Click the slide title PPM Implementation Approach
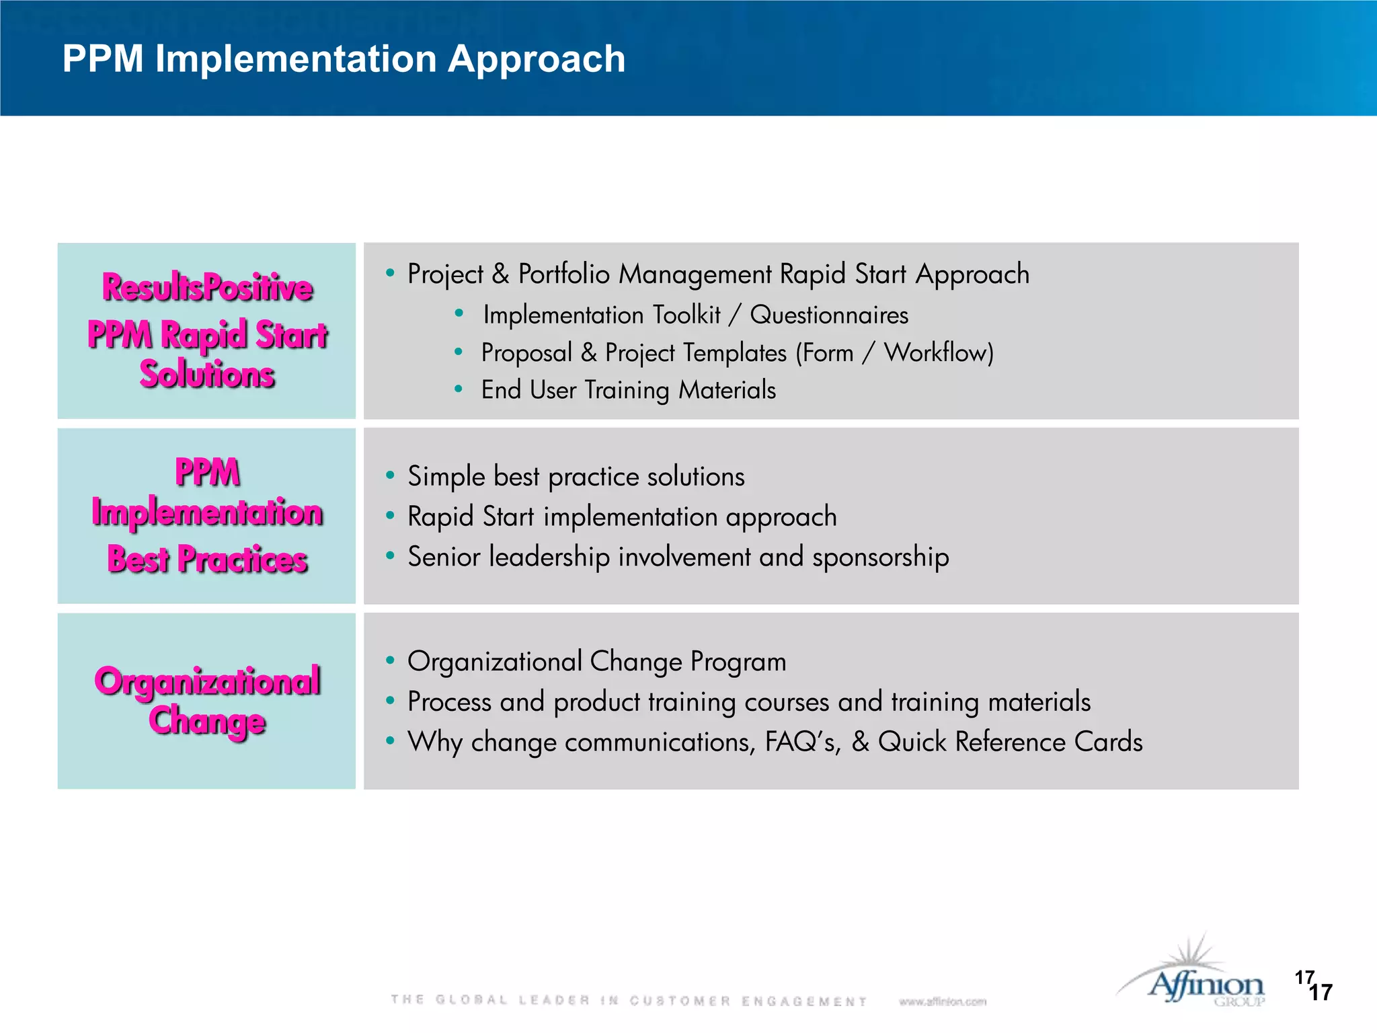coord(344,59)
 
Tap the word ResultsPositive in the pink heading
coord(207,288)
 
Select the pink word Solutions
coord(207,375)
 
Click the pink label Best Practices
coord(207,560)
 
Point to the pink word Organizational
coord(207,681)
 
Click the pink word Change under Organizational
coord(207,721)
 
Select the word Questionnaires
coord(829,315)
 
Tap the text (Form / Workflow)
coord(894,352)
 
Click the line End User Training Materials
coord(628,390)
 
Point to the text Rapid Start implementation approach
coord(622,516)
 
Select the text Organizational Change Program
coord(596,661)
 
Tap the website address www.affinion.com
coord(943,1001)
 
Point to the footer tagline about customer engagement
coord(629,1001)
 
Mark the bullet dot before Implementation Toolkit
coord(459,313)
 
